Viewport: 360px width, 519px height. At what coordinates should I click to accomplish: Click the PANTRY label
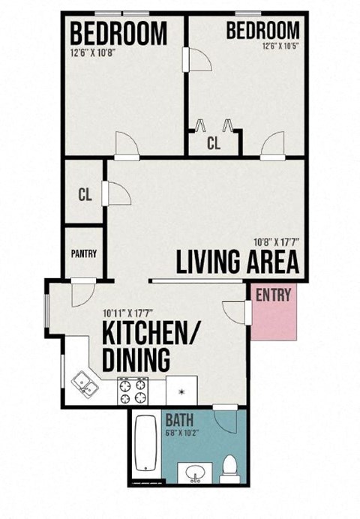(84, 253)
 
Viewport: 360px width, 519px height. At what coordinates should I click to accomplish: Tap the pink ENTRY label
(272, 295)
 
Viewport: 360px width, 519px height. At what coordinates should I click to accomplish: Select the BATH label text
(180, 420)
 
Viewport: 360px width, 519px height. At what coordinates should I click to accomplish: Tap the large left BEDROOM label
(118, 34)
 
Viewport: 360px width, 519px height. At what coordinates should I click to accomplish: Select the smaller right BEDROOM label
(262, 31)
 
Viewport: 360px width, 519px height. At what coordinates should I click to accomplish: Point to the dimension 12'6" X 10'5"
(280, 46)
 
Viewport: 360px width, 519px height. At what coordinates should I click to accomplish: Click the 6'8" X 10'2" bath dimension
(182, 432)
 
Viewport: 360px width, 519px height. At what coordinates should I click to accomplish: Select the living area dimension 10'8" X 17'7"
(276, 242)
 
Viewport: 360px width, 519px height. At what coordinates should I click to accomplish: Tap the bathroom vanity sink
(197, 474)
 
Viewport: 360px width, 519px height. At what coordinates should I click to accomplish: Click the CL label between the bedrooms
(214, 144)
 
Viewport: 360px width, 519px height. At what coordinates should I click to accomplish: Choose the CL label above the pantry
(85, 194)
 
